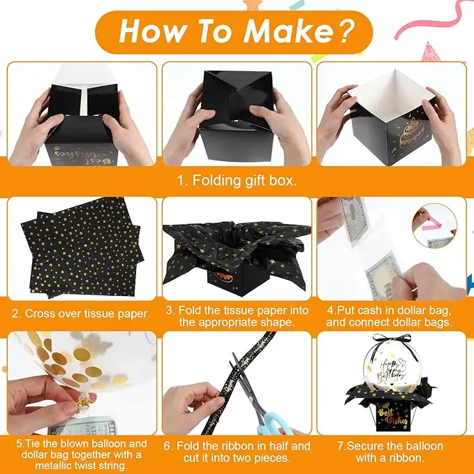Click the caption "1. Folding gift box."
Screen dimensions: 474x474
pyautogui.click(x=237, y=181)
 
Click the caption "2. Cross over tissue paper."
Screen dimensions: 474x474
pyautogui.click(x=81, y=313)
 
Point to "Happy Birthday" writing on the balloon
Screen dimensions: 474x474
pyautogui.click(x=390, y=371)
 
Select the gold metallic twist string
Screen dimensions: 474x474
pyautogui.click(x=82, y=402)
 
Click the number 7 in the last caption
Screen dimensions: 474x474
pyautogui.click(x=341, y=446)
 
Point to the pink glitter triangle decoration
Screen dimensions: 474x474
pyautogui.click(x=431, y=52)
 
